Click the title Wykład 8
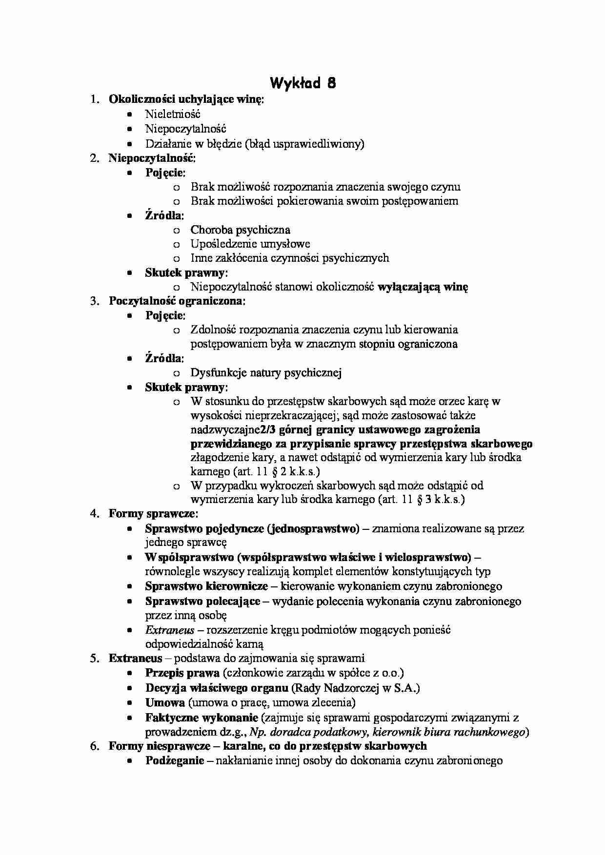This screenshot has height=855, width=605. pyautogui.click(x=303, y=83)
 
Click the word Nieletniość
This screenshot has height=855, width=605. pyautogui.click(x=173, y=115)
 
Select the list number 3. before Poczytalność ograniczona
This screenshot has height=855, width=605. pyautogui.click(x=95, y=301)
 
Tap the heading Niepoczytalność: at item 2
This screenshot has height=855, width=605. pyautogui.click(x=152, y=158)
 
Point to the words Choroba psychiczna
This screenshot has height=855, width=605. pyautogui.click(x=240, y=230)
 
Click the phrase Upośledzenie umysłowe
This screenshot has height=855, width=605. pyautogui.click(x=250, y=244)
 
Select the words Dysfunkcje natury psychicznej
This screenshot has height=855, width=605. pyautogui.click(x=266, y=373)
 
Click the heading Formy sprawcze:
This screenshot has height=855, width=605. pyautogui.click(x=153, y=513)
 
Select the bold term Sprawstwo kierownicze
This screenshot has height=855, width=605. pyautogui.click(x=206, y=586)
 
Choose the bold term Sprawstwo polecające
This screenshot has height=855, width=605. pyautogui.click(x=202, y=601)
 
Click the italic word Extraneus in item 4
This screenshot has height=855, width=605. pyautogui.click(x=169, y=630)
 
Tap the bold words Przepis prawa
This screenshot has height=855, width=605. pyautogui.click(x=182, y=673)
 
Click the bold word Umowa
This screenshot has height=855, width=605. pyautogui.click(x=165, y=702)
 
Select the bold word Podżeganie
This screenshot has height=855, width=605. pyautogui.click(x=174, y=760)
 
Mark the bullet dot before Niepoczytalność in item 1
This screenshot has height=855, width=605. pyautogui.click(x=129, y=129)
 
